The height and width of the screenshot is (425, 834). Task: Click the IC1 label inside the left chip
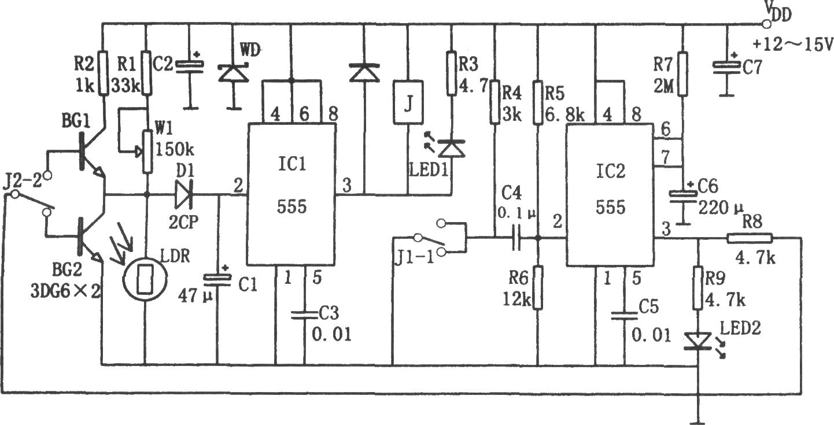[x=292, y=164]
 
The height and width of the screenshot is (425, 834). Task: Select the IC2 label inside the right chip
[x=611, y=172]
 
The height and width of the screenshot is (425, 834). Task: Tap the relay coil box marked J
[x=408, y=102]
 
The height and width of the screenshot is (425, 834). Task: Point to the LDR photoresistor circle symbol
[x=145, y=278]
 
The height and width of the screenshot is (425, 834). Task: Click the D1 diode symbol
[x=184, y=194]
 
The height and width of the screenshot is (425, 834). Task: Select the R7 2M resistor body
[x=683, y=75]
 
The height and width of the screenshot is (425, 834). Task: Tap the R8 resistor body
[x=750, y=238]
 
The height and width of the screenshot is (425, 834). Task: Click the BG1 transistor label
[x=76, y=121]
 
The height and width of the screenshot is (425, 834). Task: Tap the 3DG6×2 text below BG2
[x=65, y=291]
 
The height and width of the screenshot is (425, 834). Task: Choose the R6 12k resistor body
[x=538, y=287]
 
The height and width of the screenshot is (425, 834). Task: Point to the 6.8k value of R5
[x=565, y=115]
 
